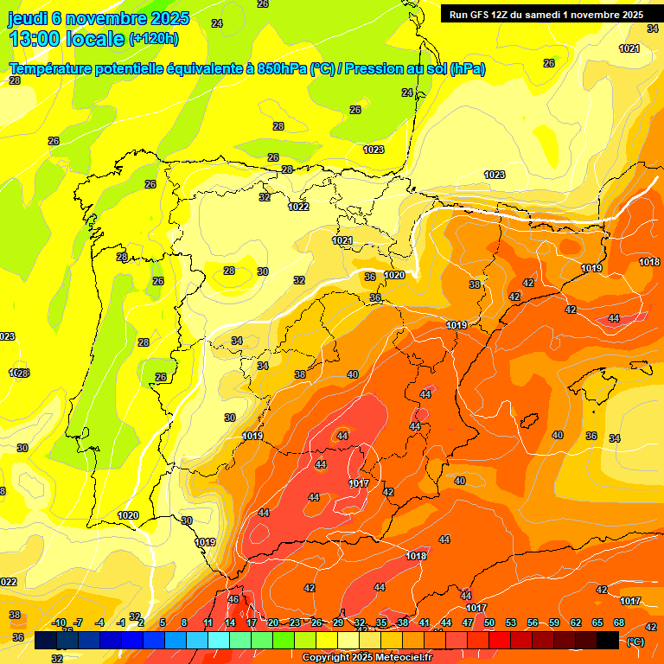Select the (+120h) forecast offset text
pyautogui.click(x=153, y=38)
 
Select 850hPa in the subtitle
pyautogui.click(x=282, y=69)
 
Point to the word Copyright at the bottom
pyautogui.click(x=328, y=658)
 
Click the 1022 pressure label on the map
pyautogui.click(x=299, y=207)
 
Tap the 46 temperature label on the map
pyautogui.click(x=233, y=599)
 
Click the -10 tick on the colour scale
pyautogui.click(x=59, y=622)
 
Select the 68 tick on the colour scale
pyautogui.click(x=619, y=622)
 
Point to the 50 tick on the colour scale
pyautogui.click(x=489, y=622)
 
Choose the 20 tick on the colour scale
pyautogui.click(x=273, y=622)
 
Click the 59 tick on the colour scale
pyautogui.click(x=554, y=622)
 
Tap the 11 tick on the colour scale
pyautogui.click(x=208, y=622)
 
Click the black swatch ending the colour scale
pyautogui.click(x=609, y=640)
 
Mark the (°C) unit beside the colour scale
pyautogui.click(x=635, y=641)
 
